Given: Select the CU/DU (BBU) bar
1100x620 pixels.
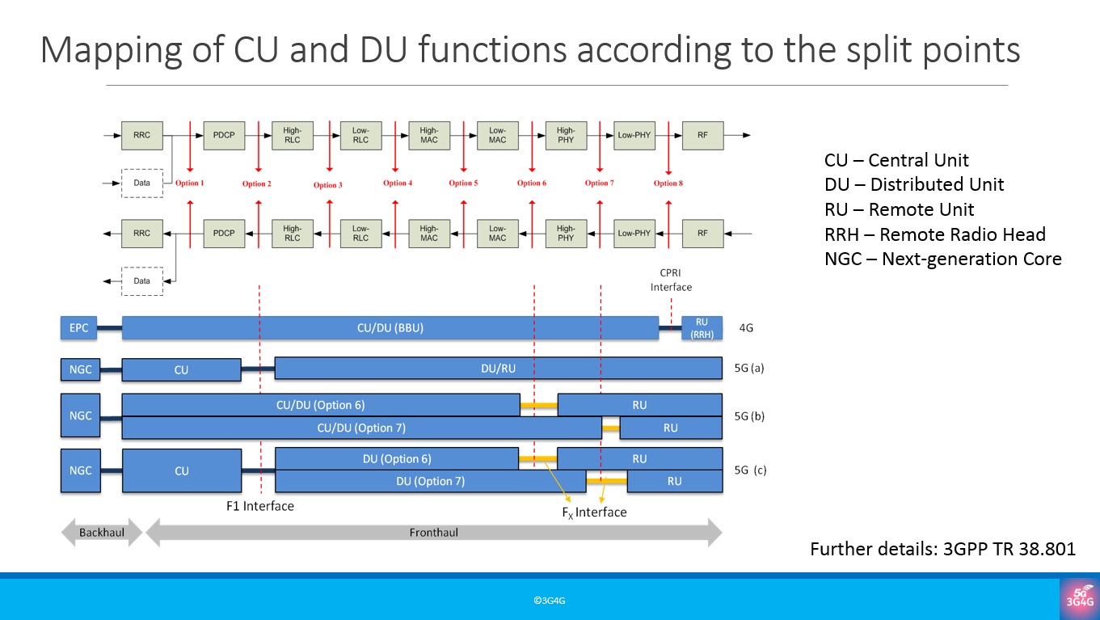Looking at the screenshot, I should click(390, 328).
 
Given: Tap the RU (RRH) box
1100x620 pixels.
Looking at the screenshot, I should click(702, 328).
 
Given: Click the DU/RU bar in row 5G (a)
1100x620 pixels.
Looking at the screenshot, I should click(498, 369).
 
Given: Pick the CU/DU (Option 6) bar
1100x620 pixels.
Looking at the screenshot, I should click(321, 405).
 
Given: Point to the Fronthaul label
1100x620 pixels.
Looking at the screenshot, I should click(435, 533).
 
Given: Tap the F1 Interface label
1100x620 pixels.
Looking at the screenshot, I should click(260, 506).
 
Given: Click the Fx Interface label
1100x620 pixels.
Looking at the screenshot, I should click(594, 512).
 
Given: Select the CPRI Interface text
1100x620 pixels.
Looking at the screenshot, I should click(671, 280).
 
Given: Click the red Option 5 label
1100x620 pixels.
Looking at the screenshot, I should click(463, 183).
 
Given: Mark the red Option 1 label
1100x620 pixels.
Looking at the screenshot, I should click(189, 183).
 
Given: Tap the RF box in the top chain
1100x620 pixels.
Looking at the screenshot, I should click(702, 135).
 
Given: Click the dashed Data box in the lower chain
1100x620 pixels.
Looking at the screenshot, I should click(141, 280).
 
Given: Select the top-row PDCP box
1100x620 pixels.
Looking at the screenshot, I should click(224, 135).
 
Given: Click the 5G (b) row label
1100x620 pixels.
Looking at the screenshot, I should click(749, 416).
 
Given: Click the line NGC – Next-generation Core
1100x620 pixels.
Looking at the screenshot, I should click(942, 259).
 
